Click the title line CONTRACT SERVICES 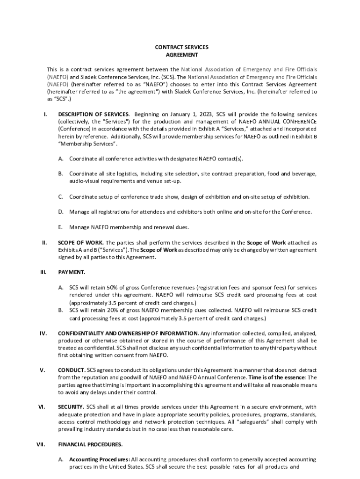point(181,47)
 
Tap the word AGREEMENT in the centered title point(181,55)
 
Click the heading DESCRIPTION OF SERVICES point(93,114)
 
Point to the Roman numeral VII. point(40,444)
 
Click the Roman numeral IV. point(43,333)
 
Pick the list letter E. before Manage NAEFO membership point(60,227)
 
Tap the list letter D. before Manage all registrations point(61,212)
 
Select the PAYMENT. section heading point(72,272)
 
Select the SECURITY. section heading point(71,407)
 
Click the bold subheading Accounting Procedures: point(100,460)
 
